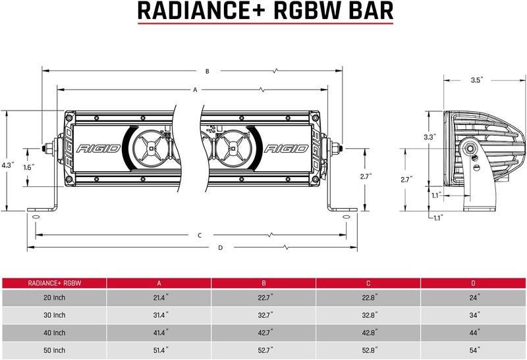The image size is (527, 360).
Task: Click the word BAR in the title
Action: [x=365, y=11]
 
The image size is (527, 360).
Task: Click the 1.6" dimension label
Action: [x=28, y=167]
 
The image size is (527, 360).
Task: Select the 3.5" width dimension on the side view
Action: [x=477, y=80]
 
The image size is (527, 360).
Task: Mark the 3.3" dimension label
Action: [x=429, y=138]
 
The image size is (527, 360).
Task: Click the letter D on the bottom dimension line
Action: [x=221, y=247]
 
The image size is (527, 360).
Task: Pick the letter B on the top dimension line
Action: [x=207, y=71]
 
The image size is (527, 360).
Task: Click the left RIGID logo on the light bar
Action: [x=99, y=148]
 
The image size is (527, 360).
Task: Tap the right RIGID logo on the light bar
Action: [x=287, y=148]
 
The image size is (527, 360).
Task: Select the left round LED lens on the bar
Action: [x=150, y=147]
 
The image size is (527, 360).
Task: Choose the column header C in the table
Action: [x=369, y=283]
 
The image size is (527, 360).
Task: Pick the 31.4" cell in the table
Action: [x=159, y=315]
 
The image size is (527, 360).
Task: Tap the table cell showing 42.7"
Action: [x=263, y=332]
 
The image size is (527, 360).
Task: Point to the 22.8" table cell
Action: [x=369, y=298]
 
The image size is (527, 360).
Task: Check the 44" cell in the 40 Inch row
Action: [x=474, y=332]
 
